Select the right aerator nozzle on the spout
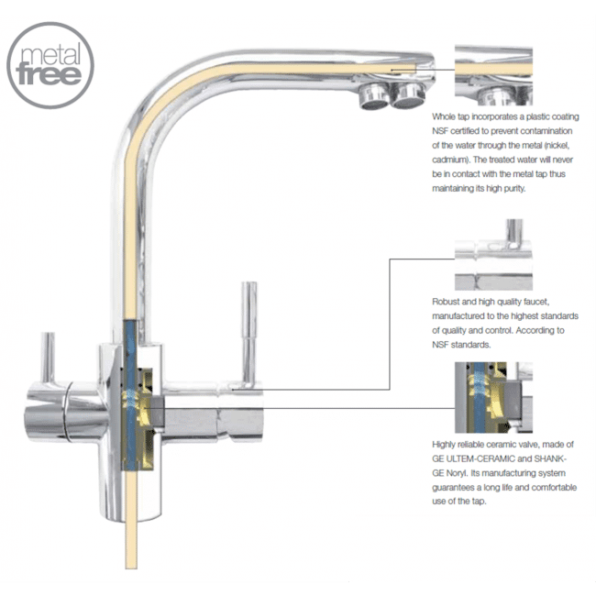coord(406,93)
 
